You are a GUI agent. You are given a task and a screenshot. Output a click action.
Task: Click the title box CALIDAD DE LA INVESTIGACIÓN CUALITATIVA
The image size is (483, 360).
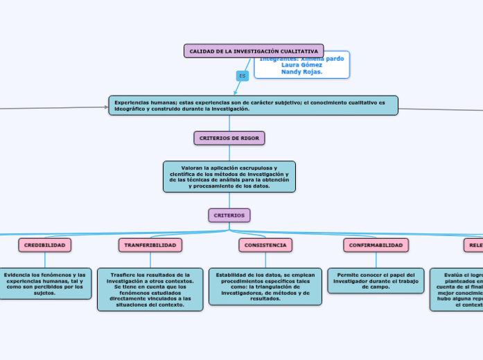254,51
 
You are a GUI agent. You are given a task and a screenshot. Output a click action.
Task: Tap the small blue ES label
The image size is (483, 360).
243,75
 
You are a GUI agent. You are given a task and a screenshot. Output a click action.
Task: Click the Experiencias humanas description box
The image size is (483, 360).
253,105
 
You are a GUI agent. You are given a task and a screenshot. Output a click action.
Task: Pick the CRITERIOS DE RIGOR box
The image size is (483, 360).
229,138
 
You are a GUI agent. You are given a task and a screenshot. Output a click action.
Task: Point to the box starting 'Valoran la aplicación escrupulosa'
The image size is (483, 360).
229,177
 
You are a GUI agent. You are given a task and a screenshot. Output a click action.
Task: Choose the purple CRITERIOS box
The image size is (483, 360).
229,215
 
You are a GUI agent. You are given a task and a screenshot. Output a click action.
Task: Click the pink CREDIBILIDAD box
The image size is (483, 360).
45,245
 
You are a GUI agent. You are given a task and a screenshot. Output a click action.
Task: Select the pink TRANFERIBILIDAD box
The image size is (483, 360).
150,245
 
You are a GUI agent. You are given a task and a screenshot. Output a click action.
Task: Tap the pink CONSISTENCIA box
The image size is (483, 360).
265,245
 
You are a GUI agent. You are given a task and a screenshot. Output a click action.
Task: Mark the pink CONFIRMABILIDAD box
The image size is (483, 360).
376,245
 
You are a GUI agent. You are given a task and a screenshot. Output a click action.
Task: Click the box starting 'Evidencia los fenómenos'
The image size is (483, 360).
45,284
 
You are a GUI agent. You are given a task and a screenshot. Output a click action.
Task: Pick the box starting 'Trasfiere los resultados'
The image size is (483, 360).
150,289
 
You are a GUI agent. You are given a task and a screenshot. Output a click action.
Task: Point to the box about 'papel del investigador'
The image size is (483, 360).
375,280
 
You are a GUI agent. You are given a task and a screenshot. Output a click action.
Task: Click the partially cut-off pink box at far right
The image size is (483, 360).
473,245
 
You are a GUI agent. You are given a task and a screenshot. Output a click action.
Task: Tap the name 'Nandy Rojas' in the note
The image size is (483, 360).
302,71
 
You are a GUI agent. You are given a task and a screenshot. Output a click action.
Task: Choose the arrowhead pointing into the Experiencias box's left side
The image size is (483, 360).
105,107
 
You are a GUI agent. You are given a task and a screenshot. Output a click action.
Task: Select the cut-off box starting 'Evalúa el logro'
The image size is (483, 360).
457,289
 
